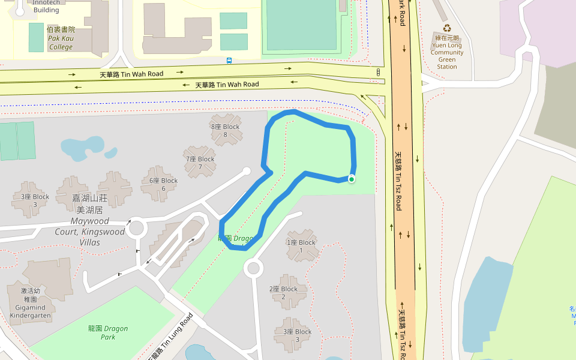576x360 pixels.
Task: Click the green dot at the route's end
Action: (x=352, y=179)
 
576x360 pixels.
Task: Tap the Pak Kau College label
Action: (x=61, y=38)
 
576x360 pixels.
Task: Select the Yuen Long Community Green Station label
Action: (x=447, y=52)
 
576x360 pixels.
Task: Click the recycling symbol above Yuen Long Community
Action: (x=447, y=28)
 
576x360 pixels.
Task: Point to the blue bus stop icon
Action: (x=229, y=60)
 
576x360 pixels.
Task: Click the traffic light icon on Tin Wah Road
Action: (x=378, y=72)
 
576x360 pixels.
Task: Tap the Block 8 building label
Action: (x=225, y=130)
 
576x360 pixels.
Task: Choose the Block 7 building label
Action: (x=200, y=163)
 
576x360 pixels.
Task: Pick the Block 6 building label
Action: (x=163, y=184)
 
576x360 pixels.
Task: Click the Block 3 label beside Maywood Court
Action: (x=35, y=200)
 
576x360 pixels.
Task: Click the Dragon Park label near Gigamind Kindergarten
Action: (x=108, y=332)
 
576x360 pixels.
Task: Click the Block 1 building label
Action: (x=301, y=246)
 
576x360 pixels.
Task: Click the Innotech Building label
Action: (x=46, y=7)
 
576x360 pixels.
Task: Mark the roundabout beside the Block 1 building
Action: (x=253, y=268)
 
